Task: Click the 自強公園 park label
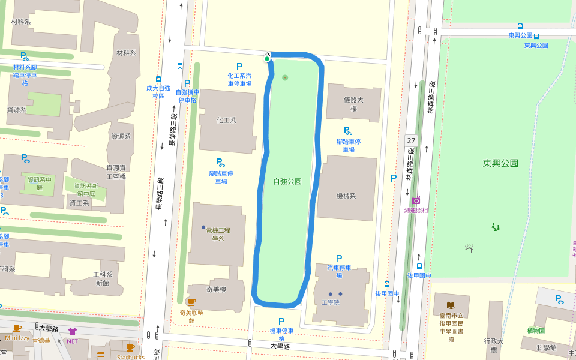coord(287,181)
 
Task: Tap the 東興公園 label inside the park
coord(500,163)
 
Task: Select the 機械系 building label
coord(346,196)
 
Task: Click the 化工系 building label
coord(226,120)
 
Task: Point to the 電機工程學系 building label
coord(218,234)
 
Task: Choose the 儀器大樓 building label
coord(353,104)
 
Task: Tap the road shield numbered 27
coord(411,140)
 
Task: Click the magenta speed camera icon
coord(416,200)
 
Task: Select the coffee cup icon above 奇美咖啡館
coord(191,302)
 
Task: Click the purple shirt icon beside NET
coord(73,331)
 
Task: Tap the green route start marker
coord(267,58)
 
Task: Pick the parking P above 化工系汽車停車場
coord(239,67)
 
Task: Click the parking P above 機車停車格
coord(281,322)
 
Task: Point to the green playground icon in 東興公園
coord(496,227)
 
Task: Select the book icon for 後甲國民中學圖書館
coord(451,305)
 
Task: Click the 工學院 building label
coord(331,302)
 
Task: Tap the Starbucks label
coord(130,357)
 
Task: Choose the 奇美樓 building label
coord(216,290)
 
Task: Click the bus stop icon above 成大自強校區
coord(158,79)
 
